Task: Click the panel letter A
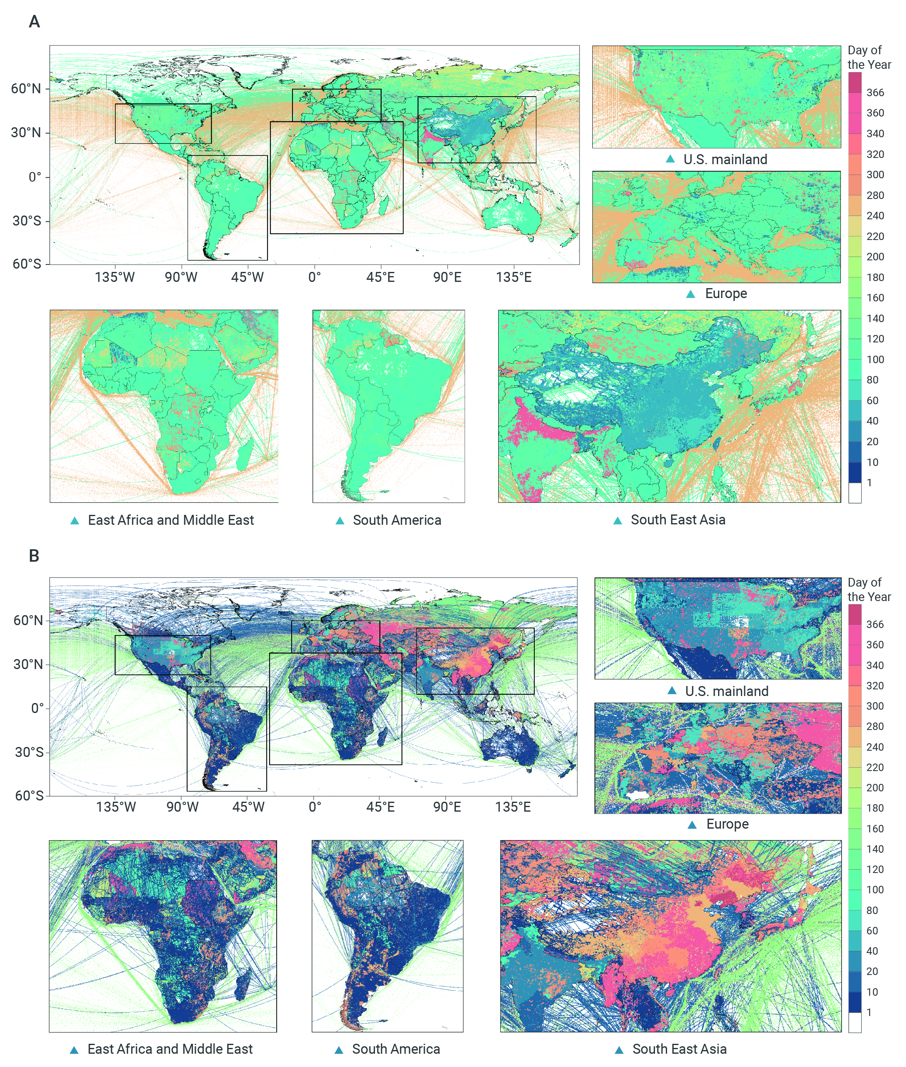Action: pos(34,22)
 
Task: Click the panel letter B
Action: pos(34,556)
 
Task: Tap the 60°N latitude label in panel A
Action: pos(26,89)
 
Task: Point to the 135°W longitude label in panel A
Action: pos(114,277)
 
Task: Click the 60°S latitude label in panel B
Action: pos(29,795)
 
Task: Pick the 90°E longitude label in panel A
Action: pos(447,277)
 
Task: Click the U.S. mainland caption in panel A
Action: pos(725,160)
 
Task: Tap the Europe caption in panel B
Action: pos(727,824)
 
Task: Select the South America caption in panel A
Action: pos(397,520)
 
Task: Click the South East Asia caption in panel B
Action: pos(679,1049)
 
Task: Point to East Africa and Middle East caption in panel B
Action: pos(170,1049)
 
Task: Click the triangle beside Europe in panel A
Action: pos(691,294)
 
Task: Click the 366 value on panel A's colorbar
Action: pos(875,93)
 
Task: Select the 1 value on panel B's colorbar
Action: pos(869,1013)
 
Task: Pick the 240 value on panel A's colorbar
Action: pos(875,216)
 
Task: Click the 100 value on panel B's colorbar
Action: pos(875,890)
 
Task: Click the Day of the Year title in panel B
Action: pos(869,590)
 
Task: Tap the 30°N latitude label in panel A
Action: pos(26,133)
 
